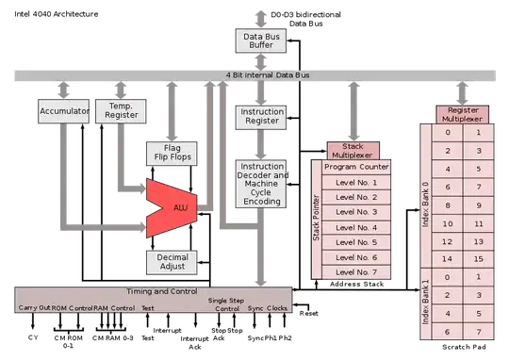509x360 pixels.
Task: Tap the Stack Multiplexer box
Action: coord(353,151)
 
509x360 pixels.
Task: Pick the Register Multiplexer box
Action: coord(461,114)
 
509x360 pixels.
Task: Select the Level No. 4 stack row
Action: coord(355,227)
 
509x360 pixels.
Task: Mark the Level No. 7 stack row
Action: coord(355,272)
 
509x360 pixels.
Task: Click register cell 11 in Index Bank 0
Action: coord(480,223)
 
